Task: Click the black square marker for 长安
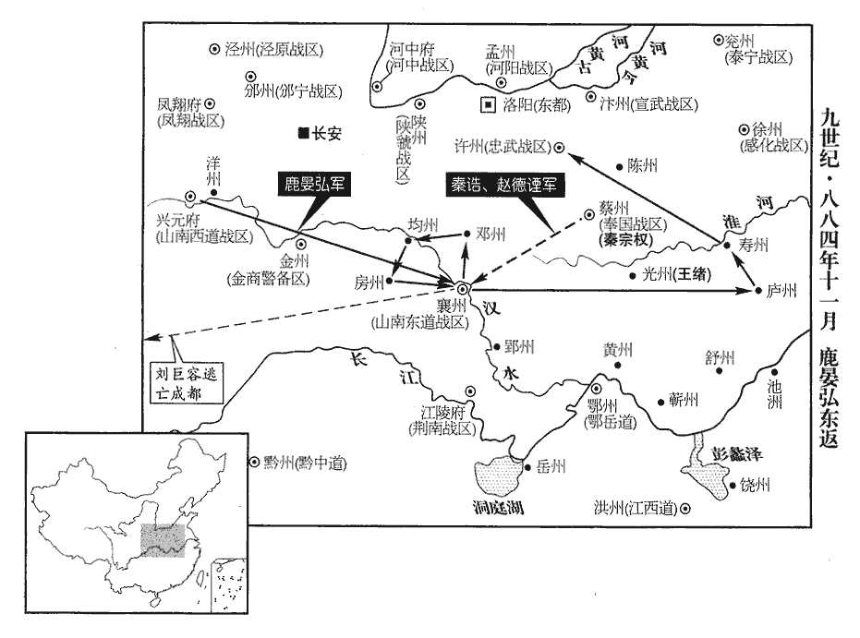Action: pyautogui.click(x=303, y=133)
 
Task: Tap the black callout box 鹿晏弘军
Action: pyautogui.click(x=314, y=185)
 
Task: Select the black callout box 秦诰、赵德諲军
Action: pyautogui.click(x=503, y=186)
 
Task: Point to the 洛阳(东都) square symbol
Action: pyautogui.click(x=488, y=104)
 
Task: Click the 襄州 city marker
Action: pyautogui.click(x=463, y=288)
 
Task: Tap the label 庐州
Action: pyautogui.click(x=781, y=291)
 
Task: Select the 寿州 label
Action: pyautogui.click(x=754, y=245)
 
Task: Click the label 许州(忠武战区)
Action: pyautogui.click(x=503, y=147)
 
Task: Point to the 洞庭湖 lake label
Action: pyautogui.click(x=498, y=507)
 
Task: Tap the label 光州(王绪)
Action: pyautogui.click(x=677, y=274)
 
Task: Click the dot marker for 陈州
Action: pyautogui.click(x=619, y=166)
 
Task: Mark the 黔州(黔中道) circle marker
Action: pyautogui.click(x=254, y=463)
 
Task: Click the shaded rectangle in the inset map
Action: pyautogui.click(x=163, y=540)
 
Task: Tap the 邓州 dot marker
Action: pyautogui.click(x=466, y=234)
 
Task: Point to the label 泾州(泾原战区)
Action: pyautogui.click(x=273, y=50)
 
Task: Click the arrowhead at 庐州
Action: pyautogui.click(x=745, y=290)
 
